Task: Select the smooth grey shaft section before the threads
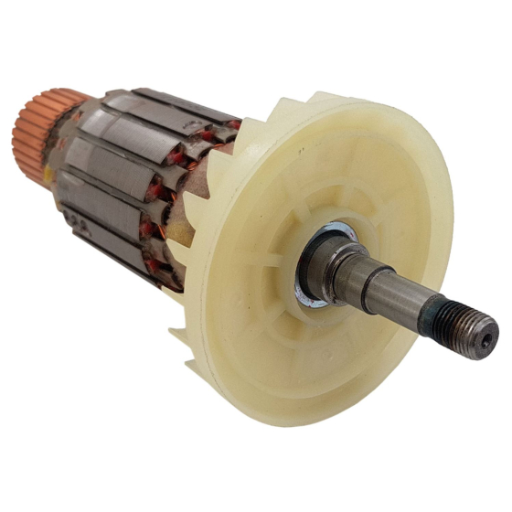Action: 402,297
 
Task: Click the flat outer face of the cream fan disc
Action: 384,183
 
